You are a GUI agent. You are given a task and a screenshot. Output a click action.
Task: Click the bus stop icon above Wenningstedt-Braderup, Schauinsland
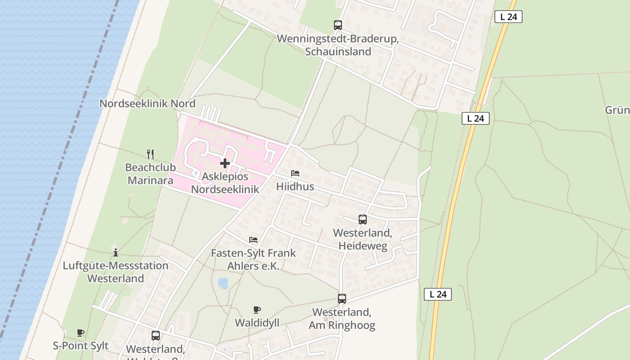coord(337,25)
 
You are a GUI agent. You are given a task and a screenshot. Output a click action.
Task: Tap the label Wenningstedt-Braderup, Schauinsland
coord(338,45)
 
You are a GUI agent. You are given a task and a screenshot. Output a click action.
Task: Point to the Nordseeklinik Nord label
coord(147,103)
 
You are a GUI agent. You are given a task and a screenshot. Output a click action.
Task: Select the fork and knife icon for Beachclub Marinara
coord(150,154)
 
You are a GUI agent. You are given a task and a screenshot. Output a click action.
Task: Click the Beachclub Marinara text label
coord(150,174)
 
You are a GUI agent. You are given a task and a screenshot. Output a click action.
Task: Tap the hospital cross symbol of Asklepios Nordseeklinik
coord(225,163)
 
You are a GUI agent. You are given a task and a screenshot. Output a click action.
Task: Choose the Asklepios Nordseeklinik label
coord(225,183)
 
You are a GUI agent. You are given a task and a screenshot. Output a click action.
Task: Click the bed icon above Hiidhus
coord(295,173)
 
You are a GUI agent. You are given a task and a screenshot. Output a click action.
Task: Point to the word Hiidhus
coord(295,186)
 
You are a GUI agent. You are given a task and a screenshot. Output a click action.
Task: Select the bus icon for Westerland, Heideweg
coord(363,220)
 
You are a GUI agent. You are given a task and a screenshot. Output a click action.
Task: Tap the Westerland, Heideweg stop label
coord(363,239)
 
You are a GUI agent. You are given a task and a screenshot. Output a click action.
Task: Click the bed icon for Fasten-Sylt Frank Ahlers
coord(253,240)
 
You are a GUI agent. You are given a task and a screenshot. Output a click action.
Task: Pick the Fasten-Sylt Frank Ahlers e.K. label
coord(253,260)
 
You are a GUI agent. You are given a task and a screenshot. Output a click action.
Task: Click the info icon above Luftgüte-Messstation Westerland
coord(116,252)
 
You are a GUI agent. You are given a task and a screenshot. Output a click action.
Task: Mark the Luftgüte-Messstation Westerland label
coord(116,272)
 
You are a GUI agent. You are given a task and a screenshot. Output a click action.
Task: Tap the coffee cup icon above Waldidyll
coord(257,310)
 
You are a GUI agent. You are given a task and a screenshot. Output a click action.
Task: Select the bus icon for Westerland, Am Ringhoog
coord(342,299)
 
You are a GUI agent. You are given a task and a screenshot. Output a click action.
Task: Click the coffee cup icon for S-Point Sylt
coord(81,333)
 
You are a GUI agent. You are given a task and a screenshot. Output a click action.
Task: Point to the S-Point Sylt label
coord(81,346)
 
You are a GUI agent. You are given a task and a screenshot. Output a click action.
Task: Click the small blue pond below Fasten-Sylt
coord(223,283)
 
